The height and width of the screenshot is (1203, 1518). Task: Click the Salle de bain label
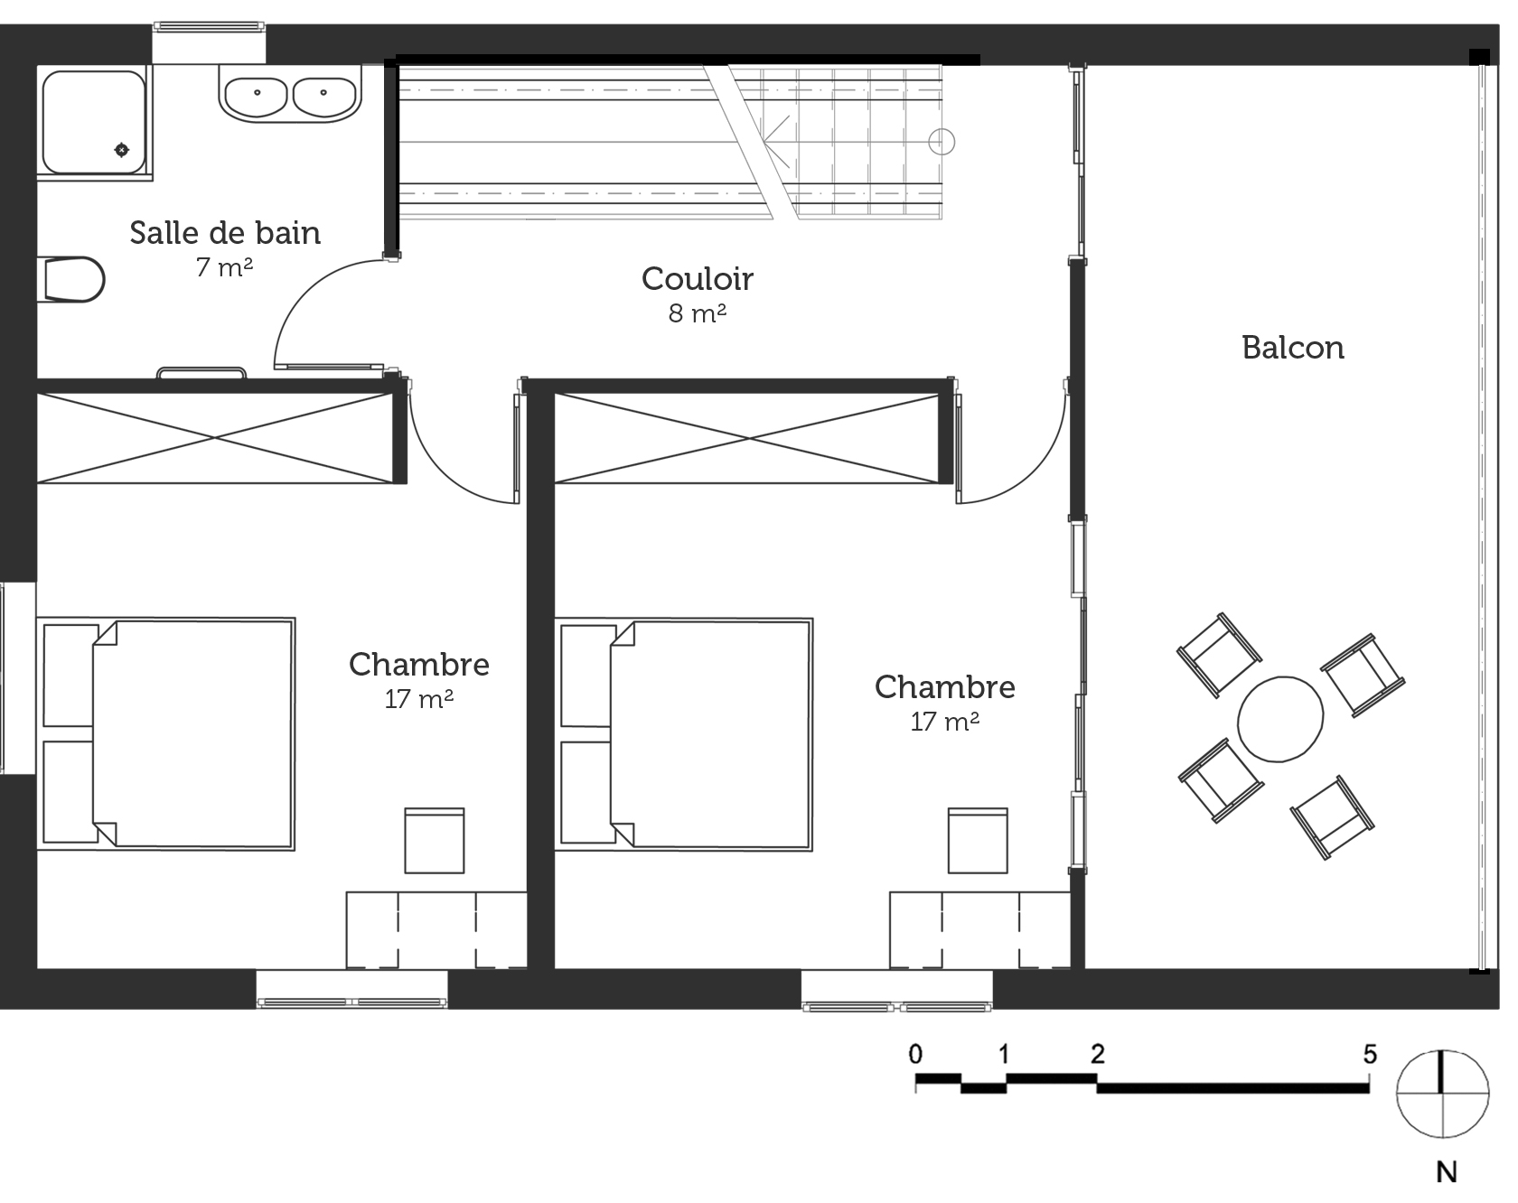225,233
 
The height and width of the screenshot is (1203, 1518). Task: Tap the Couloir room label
697,279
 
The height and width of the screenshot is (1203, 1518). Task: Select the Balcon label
1292,348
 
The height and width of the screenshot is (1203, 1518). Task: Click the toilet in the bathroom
72,279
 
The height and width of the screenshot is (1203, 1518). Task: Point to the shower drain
121,149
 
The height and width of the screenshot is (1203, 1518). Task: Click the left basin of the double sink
258,94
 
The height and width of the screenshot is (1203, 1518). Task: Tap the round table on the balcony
1280,719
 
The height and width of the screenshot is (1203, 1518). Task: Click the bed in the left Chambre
166,733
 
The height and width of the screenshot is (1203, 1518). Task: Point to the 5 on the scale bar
1370,1054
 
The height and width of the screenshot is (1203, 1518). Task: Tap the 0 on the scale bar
916,1054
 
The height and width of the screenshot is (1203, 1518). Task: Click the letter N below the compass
1447,1172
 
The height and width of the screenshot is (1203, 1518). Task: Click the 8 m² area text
697,313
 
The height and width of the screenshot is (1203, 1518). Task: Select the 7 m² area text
224,267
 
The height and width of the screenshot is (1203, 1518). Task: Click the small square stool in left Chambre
435,841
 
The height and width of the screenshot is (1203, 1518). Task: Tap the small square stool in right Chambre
978,841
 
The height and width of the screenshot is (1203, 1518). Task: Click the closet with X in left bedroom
215,438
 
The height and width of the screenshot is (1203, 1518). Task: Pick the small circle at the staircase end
942,142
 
